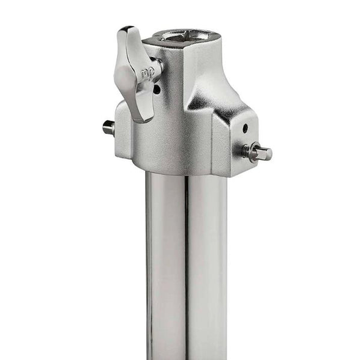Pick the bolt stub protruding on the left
click(108, 127)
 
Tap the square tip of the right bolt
click(264, 153)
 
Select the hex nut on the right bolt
click(250, 150)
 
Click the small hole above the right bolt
click(245, 127)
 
